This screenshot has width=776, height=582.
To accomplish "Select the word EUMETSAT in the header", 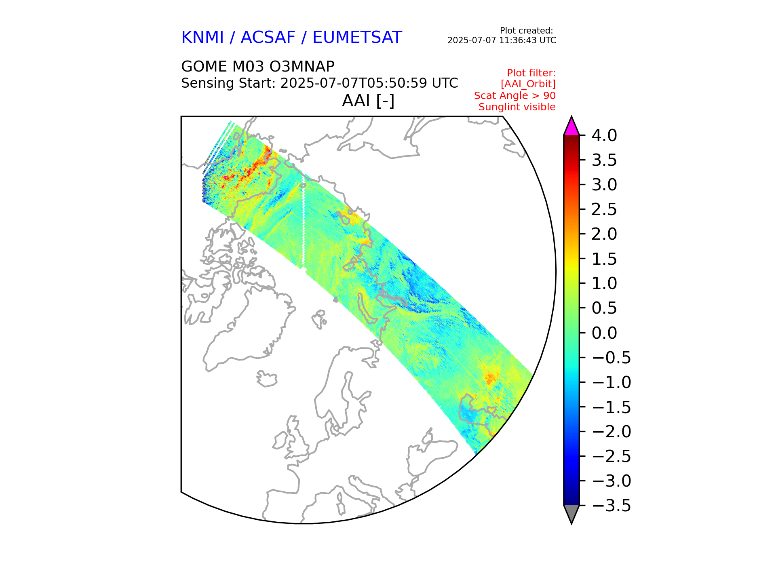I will click(x=357, y=38).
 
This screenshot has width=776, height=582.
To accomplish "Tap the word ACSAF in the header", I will click(x=268, y=38).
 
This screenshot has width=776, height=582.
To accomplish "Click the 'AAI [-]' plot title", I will click(x=368, y=101).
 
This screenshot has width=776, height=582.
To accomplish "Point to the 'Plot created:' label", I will click(x=526, y=31).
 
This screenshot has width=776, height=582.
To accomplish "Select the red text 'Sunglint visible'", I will click(x=517, y=107).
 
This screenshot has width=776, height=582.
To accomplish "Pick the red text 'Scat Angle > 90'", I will click(x=515, y=96).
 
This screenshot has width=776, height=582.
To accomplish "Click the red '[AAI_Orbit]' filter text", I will click(x=528, y=84).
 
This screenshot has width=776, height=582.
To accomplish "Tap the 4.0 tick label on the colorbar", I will click(x=604, y=136).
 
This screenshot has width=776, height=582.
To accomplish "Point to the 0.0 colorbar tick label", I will click(x=604, y=333).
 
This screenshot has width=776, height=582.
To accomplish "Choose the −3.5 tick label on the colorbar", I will click(x=611, y=506).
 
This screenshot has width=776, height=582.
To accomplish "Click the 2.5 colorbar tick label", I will click(x=604, y=210).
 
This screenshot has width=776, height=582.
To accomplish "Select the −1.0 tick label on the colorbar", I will click(x=611, y=382).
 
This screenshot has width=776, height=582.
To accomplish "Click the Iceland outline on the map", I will click(x=267, y=379).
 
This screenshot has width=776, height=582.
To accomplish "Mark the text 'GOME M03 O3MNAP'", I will click(x=258, y=66).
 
